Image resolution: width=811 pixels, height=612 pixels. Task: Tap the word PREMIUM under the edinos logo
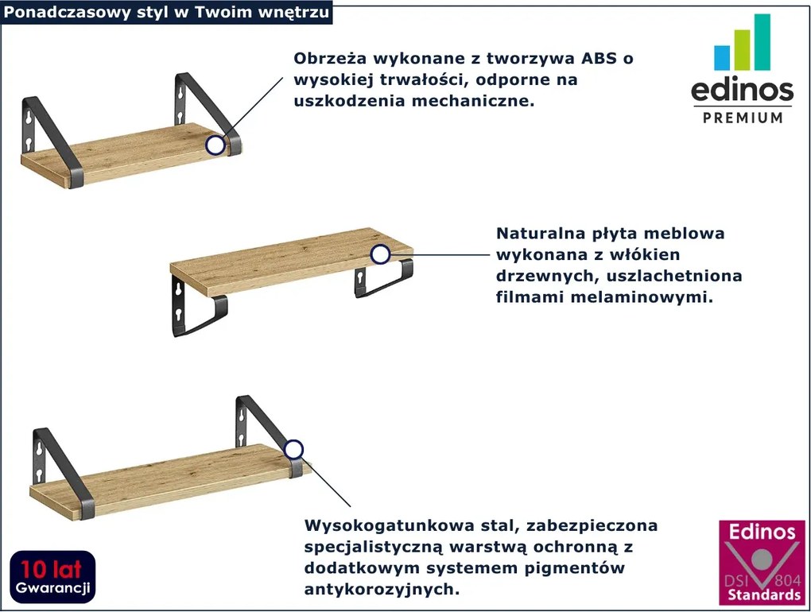click(x=743, y=118)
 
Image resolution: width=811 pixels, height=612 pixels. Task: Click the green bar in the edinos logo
click(x=741, y=50)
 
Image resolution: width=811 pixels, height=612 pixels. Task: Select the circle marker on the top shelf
click(x=215, y=145)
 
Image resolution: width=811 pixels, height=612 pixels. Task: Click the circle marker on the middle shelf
click(x=381, y=254)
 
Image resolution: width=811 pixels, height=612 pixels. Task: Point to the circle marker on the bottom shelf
click(x=294, y=449)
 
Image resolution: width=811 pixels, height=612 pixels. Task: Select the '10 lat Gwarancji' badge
click(x=52, y=578)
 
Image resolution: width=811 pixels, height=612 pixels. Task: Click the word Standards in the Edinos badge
click(x=762, y=594)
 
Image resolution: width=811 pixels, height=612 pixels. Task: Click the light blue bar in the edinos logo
click(x=722, y=57)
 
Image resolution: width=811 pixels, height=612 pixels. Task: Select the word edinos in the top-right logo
click(x=742, y=90)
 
